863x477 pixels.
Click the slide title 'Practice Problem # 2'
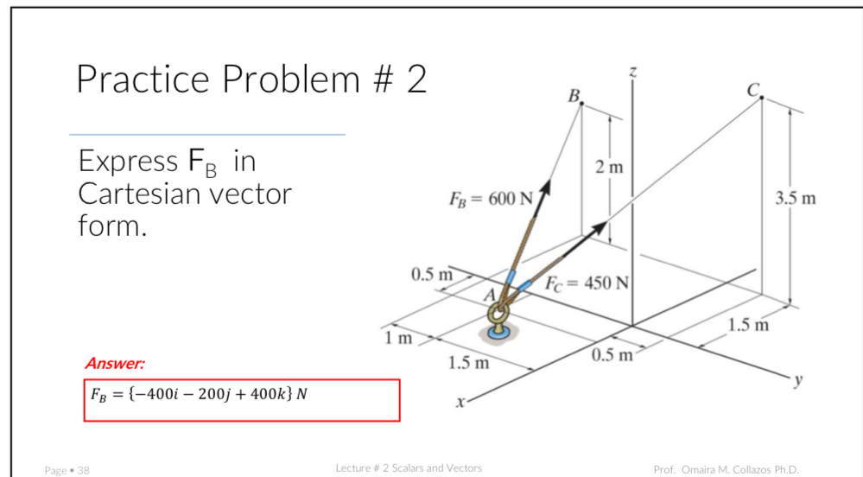coord(251,79)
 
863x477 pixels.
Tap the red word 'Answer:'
coord(115,364)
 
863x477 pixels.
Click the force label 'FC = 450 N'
coord(588,283)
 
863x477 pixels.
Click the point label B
coord(572,94)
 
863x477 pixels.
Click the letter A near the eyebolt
coord(490,295)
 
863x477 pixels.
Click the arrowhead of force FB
coord(546,186)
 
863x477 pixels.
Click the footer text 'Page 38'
coord(67,470)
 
